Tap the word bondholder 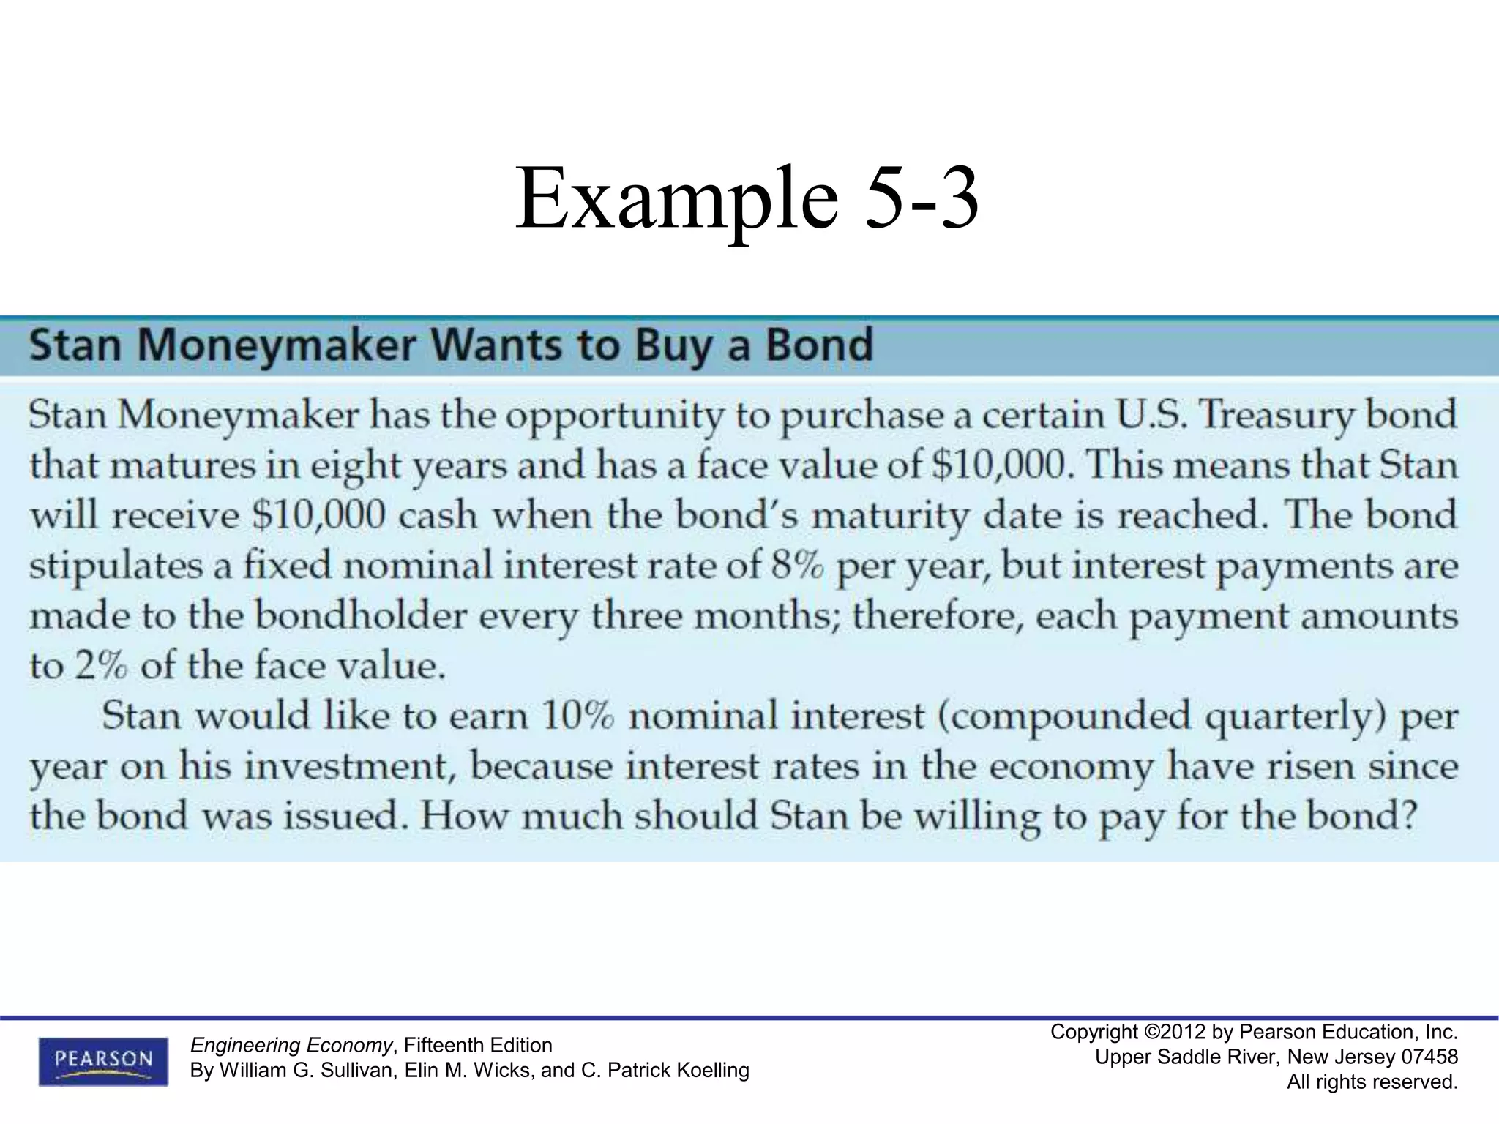(x=360, y=616)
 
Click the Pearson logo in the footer (x=102, y=1060)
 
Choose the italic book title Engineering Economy (x=291, y=1045)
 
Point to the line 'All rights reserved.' (x=1372, y=1082)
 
